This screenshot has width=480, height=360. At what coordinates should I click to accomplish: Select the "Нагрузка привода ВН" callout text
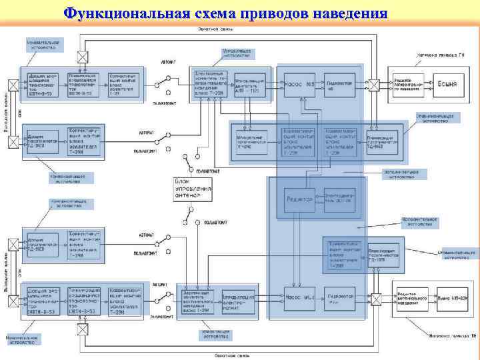(x=453, y=335)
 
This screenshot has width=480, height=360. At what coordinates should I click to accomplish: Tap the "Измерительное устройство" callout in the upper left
(x=43, y=45)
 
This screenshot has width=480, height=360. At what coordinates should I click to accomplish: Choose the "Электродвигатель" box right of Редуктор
(x=338, y=199)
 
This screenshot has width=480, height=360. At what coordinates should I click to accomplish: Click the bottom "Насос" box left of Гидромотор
(x=299, y=297)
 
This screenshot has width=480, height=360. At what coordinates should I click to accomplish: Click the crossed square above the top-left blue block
(x=82, y=57)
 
